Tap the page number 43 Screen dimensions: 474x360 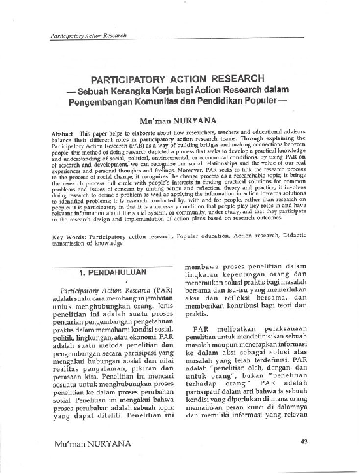click(304, 441)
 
